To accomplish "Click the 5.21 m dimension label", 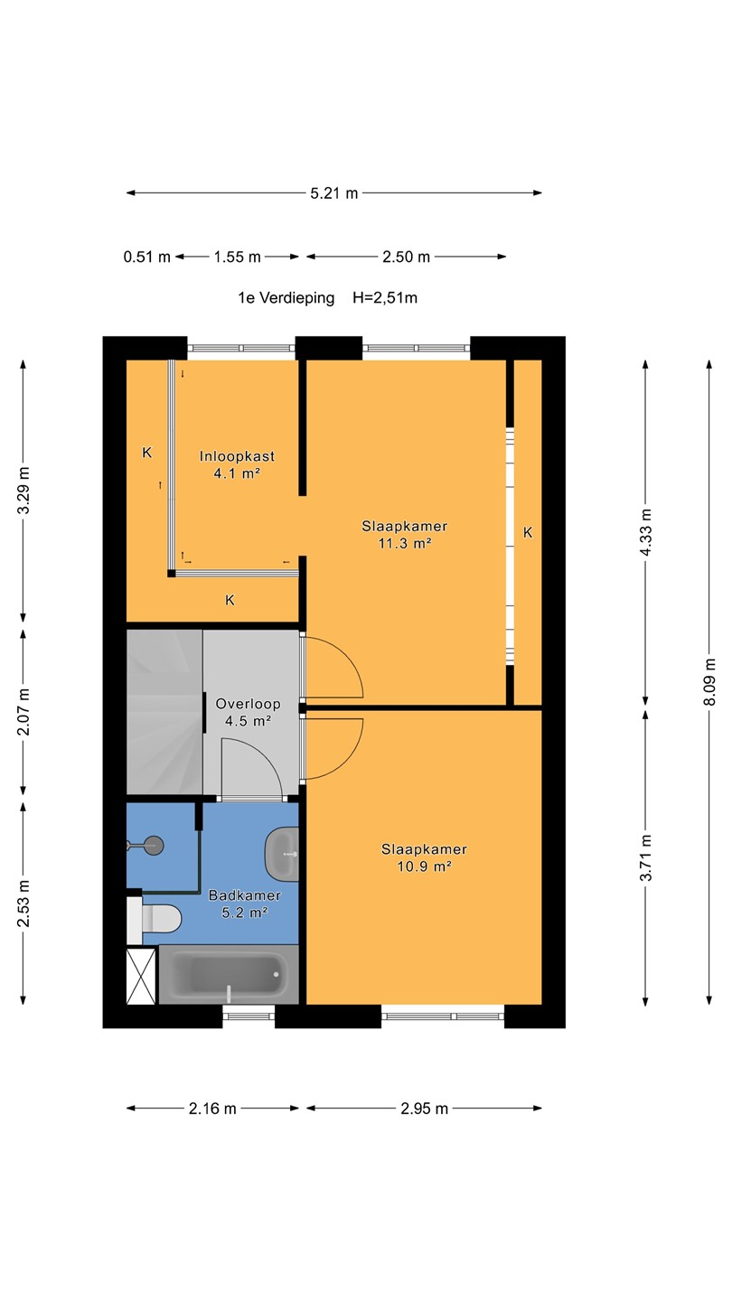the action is tap(334, 193).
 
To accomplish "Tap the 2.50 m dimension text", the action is tap(406, 257).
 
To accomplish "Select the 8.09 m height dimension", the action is tap(709, 682).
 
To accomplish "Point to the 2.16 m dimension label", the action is tap(212, 1109).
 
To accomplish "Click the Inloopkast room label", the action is tap(237, 456).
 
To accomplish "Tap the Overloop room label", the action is tap(248, 704).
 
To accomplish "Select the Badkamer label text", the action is tap(245, 895).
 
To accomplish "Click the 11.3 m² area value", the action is tap(404, 544).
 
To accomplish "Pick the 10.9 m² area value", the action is tap(424, 866).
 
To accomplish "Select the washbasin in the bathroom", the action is tap(282, 855).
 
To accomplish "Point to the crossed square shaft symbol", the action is tap(141, 977).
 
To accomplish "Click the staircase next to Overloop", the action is tap(165, 712).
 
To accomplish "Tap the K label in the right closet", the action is tap(528, 532).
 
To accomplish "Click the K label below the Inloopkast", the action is tap(230, 600).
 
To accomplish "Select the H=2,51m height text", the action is tap(385, 298).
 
